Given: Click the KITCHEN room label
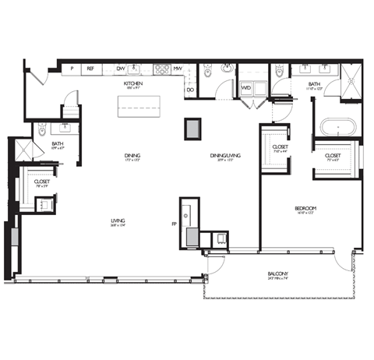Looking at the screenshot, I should coord(132,83).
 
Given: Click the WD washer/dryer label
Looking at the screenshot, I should coord(246,88).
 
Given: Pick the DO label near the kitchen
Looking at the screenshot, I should coord(190,89).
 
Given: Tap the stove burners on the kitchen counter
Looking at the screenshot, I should coord(161,69).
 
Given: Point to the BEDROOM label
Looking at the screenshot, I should coord(305,208).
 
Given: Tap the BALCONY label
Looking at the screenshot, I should coord(277,274).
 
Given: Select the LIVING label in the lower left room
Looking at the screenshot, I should coord(118,221).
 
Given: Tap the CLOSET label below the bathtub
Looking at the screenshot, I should coord(333,156).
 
